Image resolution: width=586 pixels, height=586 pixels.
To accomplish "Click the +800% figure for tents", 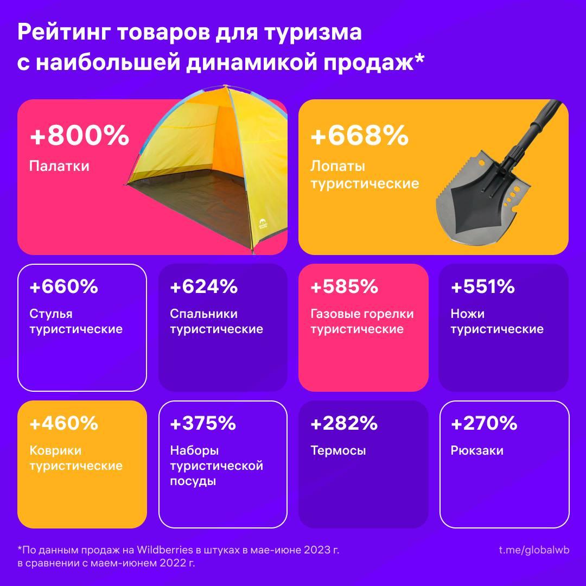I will click(x=79, y=136).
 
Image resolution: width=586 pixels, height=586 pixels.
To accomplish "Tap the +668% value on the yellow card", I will click(x=359, y=136).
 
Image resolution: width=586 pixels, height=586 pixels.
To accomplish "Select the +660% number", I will click(x=64, y=286).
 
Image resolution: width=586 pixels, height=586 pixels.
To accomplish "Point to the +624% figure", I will click(x=204, y=286).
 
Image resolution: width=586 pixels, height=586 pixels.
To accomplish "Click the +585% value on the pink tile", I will click(x=344, y=286).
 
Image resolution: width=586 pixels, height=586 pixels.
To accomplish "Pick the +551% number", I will click(x=483, y=286).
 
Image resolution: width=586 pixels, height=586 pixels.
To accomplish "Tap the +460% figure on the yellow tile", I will click(x=64, y=423).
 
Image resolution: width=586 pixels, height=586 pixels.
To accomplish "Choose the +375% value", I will click(x=203, y=423).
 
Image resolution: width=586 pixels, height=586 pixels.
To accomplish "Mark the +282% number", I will click(x=344, y=423).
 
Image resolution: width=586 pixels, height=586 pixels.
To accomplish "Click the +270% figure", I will click(x=484, y=423).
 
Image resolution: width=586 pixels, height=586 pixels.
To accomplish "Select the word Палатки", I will click(x=59, y=165).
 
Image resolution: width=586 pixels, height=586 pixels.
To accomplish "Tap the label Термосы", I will click(x=338, y=451).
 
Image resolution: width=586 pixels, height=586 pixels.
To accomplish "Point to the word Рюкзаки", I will click(x=477, y=451).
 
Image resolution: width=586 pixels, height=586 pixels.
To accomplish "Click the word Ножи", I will click(x=467, y=314).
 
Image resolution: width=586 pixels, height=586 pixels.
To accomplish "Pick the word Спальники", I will click(x=203, y=314).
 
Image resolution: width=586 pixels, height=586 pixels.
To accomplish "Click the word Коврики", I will click(x=55, y=451).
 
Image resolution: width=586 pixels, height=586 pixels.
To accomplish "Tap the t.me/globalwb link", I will click(x=534, y=550).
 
